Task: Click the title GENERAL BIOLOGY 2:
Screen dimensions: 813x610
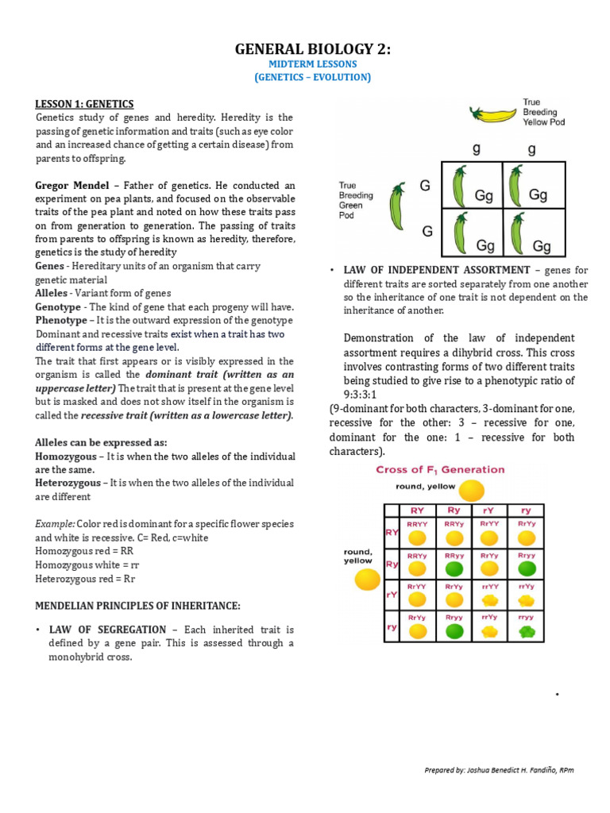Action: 312,49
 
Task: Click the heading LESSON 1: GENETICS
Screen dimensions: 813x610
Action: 84,104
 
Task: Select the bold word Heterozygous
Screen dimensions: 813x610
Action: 68,483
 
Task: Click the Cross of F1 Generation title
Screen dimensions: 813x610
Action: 440,470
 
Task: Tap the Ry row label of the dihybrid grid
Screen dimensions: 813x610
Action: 392,564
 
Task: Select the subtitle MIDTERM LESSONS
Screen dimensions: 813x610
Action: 312,64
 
